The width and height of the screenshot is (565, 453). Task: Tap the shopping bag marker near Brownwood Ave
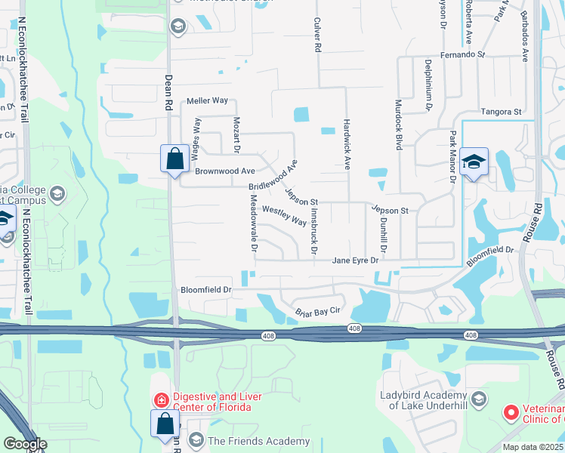[x=174, y=159]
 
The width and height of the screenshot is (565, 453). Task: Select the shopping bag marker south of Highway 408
[x=165, y=424]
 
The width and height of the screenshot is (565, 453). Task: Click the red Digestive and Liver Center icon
[x=161, y=400]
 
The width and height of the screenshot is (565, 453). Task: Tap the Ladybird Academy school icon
[x=477, y=398]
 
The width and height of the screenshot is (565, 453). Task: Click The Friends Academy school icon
[x=196, y=439]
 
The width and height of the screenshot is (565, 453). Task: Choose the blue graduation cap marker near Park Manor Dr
[x=474, y=162]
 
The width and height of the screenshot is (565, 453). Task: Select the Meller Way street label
[x=207, y=100]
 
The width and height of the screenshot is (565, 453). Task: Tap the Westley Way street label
[x=284, y=217]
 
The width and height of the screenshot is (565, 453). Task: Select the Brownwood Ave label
[x=220, y=171]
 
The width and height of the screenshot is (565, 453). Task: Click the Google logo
[x=25, y=443]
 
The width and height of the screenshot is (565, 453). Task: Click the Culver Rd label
[x=318, y=34]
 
